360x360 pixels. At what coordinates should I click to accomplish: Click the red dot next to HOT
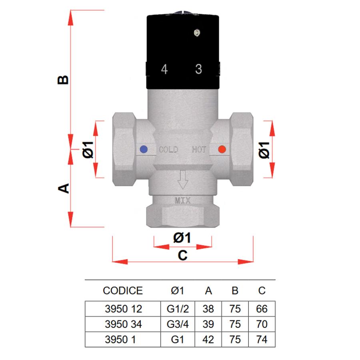[221, 150]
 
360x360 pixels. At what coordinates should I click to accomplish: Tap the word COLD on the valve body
[168, 150]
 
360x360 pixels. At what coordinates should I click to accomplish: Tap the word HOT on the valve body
[199, 150]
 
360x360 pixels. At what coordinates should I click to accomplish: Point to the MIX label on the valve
[183, 200]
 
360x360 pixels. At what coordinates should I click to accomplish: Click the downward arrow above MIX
[183, 180]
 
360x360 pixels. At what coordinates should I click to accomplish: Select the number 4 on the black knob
[164, 69]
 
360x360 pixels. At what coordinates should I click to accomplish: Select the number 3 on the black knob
[198, 69]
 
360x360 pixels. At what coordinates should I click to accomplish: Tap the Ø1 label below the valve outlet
[182, 238]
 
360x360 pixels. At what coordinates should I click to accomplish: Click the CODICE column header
[122, 290]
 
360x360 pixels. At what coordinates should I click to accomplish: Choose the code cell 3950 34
[122, 324]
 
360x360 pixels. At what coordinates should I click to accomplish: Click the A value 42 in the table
[208, 340]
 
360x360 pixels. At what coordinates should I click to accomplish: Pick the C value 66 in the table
[262, 309]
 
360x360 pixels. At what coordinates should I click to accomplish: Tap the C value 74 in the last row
[262, 340]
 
